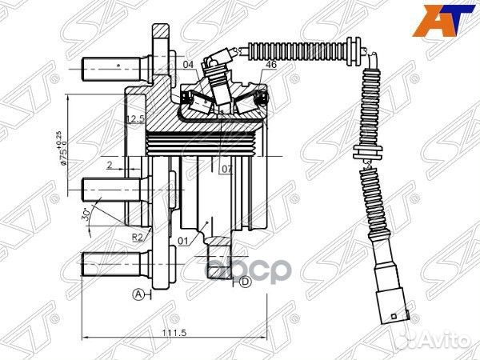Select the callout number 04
[x=189, y=65]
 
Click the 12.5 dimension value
[x=134, y=120]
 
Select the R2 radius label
[x=138, y=238]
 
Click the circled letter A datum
[x=138, y=294]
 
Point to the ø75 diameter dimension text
[x=62, y=148]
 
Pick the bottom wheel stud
[x=112, y=263]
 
